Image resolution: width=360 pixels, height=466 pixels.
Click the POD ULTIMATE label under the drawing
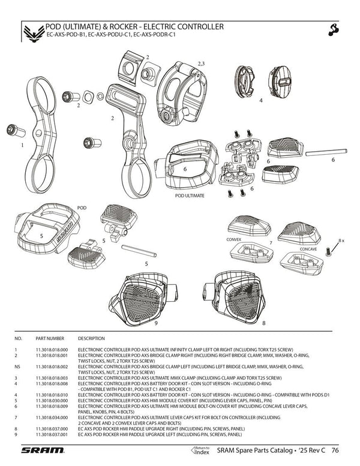pos(190,196)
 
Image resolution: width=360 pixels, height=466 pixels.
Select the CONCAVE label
pos(308,248)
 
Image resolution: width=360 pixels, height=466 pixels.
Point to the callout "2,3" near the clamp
pos(201,62)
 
